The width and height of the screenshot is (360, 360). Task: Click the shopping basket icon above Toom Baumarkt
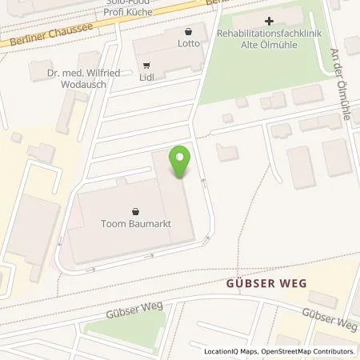pyautogui.click(x=134, y=212)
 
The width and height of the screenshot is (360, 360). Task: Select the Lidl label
pyautogui.click(x=146, y=78)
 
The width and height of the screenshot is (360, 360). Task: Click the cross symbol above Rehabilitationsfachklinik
pyautogui.click(x=269, y=21)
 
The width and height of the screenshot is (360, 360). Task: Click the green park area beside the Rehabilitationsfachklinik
pyautogui.click(x=240, y=80)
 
